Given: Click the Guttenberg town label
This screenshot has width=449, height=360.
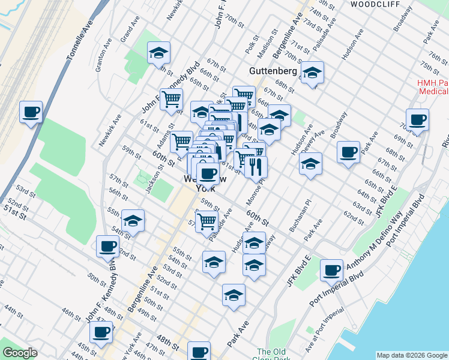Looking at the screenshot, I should (273, 71).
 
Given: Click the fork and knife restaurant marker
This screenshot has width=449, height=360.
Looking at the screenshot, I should (256, 167).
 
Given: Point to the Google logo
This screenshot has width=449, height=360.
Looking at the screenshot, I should (20, 353).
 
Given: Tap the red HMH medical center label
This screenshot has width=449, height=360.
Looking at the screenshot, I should (433, 87).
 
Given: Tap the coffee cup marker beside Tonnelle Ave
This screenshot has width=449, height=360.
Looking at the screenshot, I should (31, 112).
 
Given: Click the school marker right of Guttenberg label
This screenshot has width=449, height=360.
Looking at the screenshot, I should (312, 73).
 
